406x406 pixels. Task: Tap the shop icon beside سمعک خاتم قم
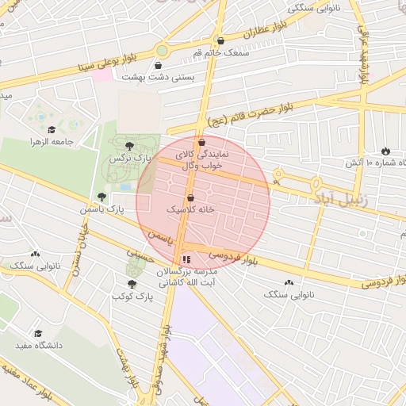(220, 40)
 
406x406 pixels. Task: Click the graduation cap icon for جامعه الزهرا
(52, 129)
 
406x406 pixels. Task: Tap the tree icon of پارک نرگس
(130, 145)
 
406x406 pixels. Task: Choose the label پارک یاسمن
(102, 210)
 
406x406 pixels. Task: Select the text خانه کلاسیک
(190, 210)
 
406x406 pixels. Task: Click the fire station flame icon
(385, 150)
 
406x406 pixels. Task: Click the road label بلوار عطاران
(262, 29)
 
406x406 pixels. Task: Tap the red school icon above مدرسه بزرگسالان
(186, 259)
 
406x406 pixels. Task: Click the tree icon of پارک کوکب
(132, 283)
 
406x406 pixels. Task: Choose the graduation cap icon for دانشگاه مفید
(37, 334)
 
